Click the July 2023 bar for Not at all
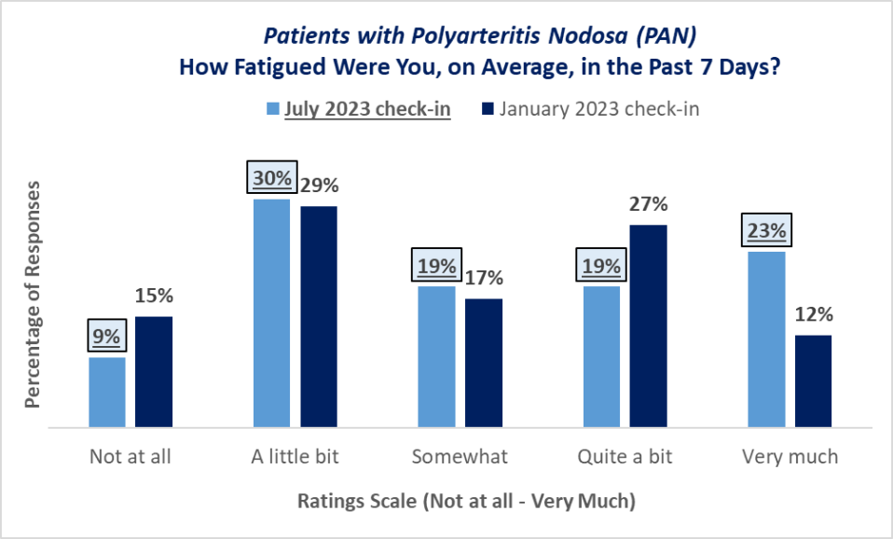pyautogui.click(x=106, y=393)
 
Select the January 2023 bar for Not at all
pyautogui.click(x=154, y=372)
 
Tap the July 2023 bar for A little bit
pyautogui.click(x=271, y=313)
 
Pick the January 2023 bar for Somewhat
pyautogui.click(x=484, y=364)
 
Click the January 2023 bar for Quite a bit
pyautogui.click(x=649, y=326)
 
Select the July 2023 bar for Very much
pyautogui.click(x=766, y=339)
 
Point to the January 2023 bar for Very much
pyautogui.click(x=813, y=381)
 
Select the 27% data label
pyautogui.click(x=649, y=204)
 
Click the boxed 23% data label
pyautogui.click(x=766, y=230)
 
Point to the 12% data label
pyautogui.click(x=813, y=314)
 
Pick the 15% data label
pyautogui.click(x=154, y=296)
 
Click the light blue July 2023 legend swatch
pyautogui.click(x=273, y=109)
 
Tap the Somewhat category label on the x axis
pyautogui.click(x=460, y=457)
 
